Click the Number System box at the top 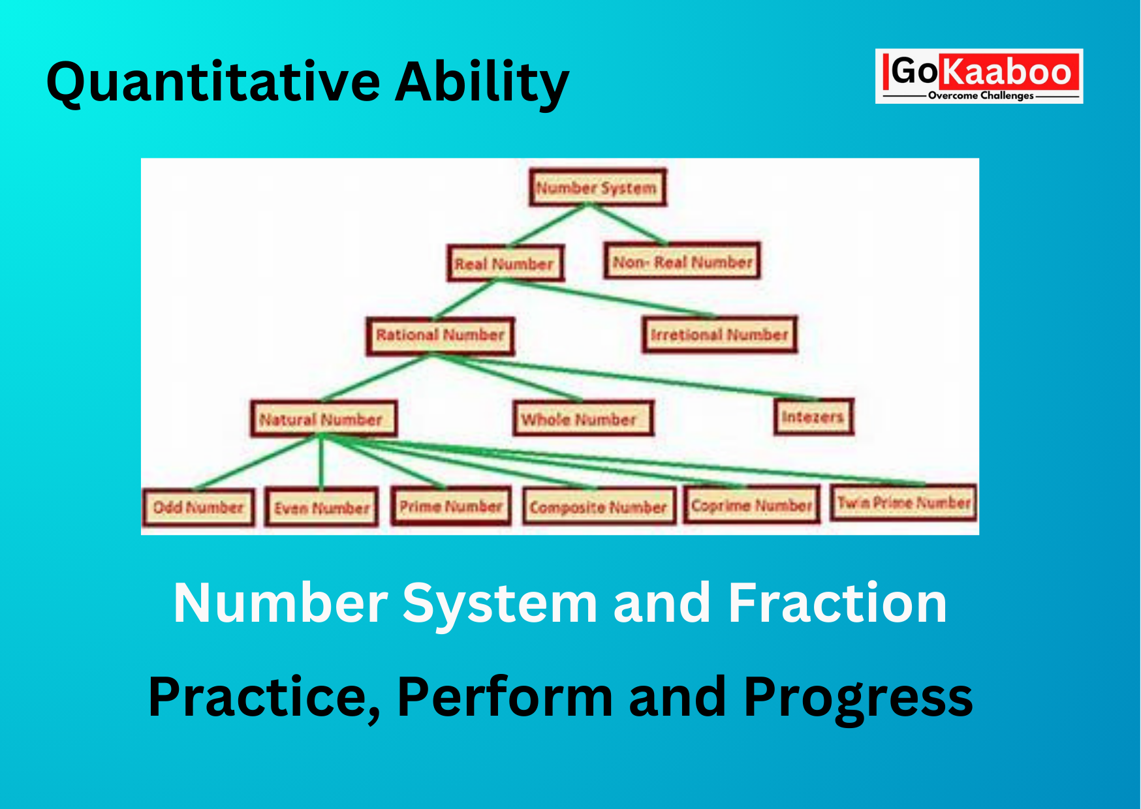[597, 188]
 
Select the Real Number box [505, 264]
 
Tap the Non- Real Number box [682, 262]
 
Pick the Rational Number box [440, 335]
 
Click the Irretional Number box [719, 335]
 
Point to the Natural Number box [323, 419]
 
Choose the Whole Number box [583, 418]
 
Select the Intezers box [813, 416]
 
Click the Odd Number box [198, 507]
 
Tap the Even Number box [322, 508]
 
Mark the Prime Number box [451, 506]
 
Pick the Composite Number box [599, 507]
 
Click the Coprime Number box [751, 505]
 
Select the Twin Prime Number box [903, 502]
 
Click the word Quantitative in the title [213, 82]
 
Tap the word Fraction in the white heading [837, 603]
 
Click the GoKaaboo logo [979, 76]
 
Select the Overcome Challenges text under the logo [980, 95]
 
